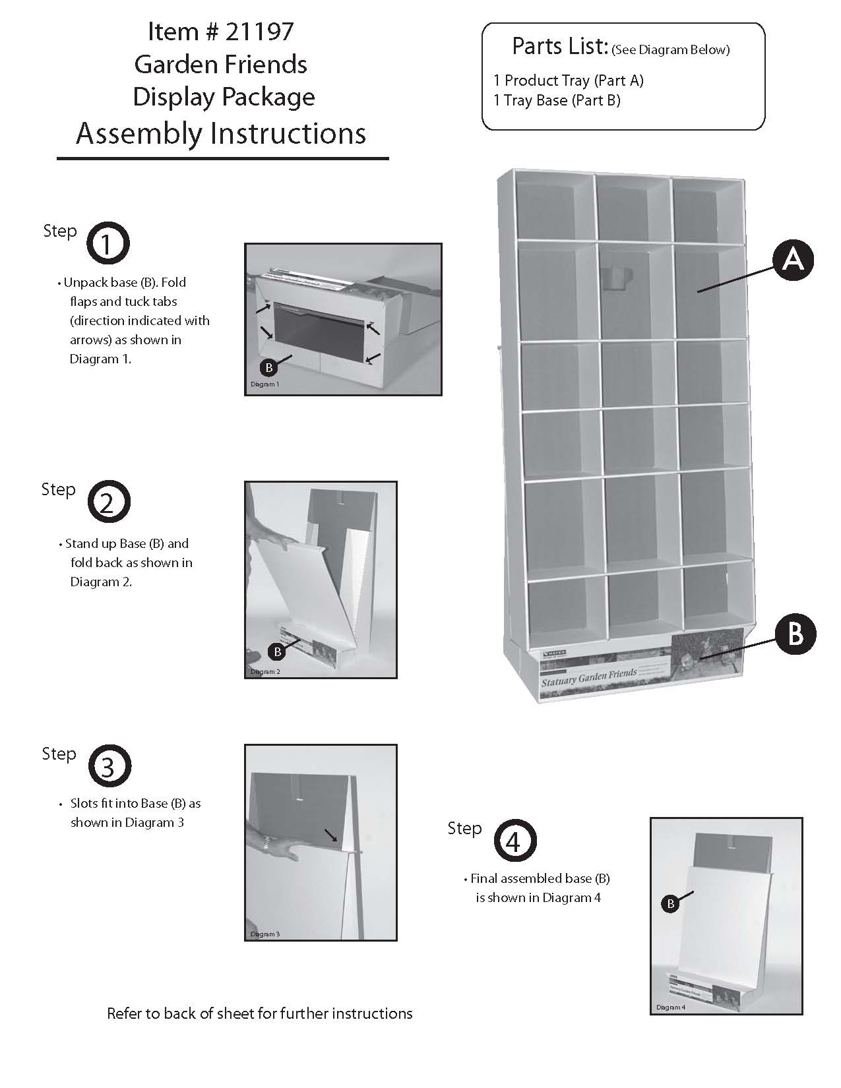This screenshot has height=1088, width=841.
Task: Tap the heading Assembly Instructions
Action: [221, 133]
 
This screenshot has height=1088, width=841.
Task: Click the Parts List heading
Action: [559, 46]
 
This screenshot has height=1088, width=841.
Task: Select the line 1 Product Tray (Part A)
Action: [568, 80]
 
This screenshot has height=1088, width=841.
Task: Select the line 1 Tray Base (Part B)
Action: [557, 100]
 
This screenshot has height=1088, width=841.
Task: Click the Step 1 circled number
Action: [108, 244]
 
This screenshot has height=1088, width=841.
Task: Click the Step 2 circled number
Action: [109, 502]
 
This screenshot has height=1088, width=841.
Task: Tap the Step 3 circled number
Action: [108, 766]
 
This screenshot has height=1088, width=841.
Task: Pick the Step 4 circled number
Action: [514, 841]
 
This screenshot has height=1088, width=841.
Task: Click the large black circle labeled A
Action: [792, 260]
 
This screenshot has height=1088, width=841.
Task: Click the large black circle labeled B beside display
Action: [795, 634]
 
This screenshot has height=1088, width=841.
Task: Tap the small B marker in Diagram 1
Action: [269, 367]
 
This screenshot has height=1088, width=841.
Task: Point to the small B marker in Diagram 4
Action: [670, 903]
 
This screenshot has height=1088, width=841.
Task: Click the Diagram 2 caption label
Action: [265, 672]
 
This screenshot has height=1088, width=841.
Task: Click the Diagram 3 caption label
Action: [265, 934]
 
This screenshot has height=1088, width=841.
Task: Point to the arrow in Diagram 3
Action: [331, 835]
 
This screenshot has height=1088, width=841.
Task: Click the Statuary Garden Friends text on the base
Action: [588, 676]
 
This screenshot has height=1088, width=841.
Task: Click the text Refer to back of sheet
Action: [259, 1013]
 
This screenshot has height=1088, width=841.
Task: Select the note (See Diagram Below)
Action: [670, 50]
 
